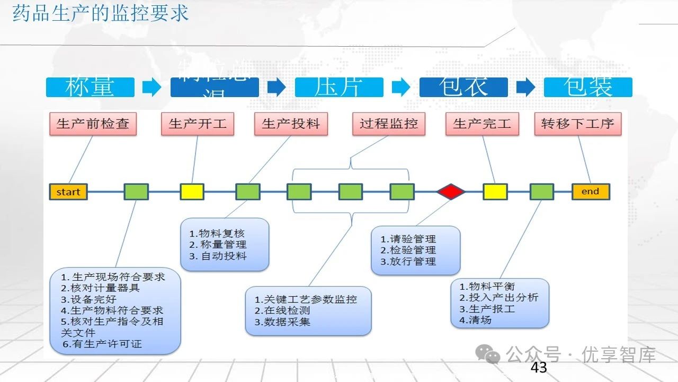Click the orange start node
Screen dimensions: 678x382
pos(68,192)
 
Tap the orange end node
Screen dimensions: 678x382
pos(590,192)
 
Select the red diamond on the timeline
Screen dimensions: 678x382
pos(451,192)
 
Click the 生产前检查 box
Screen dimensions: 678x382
pos(93,124)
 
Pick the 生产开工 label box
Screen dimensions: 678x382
pos(198,124)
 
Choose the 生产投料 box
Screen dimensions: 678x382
pos(291,124)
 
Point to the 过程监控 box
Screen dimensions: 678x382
pos(389,124)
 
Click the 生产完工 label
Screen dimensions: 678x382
pos(482,124)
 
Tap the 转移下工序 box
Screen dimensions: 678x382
pos(577,124)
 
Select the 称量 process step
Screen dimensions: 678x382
pos(90,88)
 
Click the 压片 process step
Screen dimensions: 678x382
pos(339,88)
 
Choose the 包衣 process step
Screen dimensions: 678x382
pos(463,88)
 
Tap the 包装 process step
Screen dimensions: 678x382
pos(588,88)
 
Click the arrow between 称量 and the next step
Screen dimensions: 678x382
pos(152,88)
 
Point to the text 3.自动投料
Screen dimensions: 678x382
pos(218,256)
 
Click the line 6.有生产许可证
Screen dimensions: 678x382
pos(102,344)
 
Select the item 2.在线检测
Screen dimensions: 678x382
pos(282,311)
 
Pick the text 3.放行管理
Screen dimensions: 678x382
pos(408,262)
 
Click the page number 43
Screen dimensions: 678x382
pos(539,367)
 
